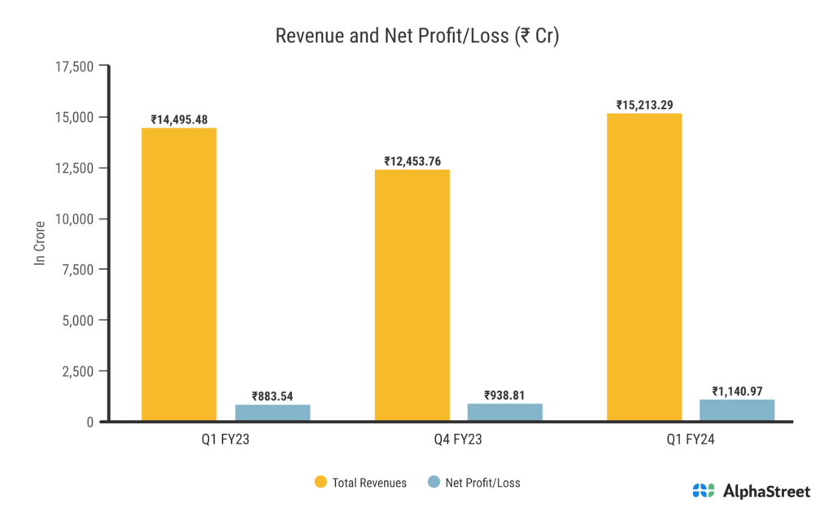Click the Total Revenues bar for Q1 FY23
[x=179, y=275]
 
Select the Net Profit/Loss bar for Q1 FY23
[x=273, y=413]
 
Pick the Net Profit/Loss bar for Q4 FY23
[x=504, y=412]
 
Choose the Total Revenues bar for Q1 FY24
[x=644, y=267]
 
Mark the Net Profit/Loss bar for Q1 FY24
[x=737, y=410]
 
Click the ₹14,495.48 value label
[x=179, y=119]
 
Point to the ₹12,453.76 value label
[x=412, y=161]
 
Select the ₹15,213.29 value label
[x=644, y=105]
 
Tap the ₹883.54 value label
[x=273, y=396]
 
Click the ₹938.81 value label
[x=504, y=395]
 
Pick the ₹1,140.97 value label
[x=737, y=391]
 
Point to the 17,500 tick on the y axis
[x=72, y=67]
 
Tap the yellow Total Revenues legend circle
[x=321, y=483]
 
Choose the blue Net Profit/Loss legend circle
[x=434, y=483]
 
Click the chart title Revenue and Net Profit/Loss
[x=416, y=37]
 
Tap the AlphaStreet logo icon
[x=704, y=490]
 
